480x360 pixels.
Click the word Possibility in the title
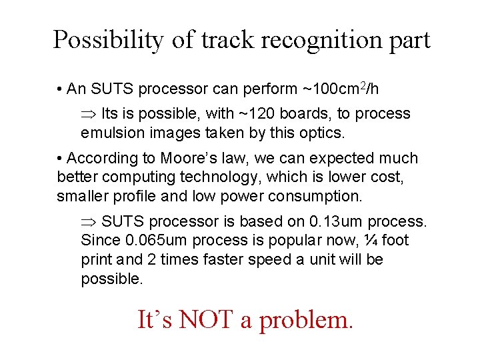point(107,41)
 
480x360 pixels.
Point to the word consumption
point(315,196)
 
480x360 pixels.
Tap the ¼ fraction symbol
point(370,240)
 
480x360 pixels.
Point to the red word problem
point(305,321)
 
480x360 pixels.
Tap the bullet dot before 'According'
point(60,159)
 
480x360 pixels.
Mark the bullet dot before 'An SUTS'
point(60,89)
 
